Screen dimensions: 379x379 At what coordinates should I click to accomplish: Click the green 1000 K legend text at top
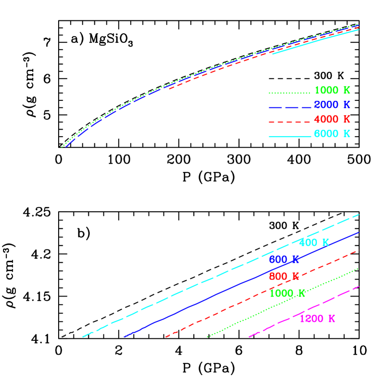tap(332, 90)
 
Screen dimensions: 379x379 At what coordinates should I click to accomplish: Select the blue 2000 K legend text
tap(332, 105)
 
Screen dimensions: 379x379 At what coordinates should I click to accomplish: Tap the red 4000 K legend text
tap(332, 119)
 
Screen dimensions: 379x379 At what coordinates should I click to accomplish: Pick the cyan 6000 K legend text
tap(332, 134)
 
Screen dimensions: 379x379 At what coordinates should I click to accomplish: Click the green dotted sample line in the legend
tap(289, 93)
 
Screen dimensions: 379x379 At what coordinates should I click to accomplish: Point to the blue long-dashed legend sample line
tap(290, 107)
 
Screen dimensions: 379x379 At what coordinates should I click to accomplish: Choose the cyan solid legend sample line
tap(290, 136)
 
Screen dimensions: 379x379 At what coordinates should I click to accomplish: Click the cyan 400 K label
tap(314, 243)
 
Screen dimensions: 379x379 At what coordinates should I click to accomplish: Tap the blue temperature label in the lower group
tap(284, 259)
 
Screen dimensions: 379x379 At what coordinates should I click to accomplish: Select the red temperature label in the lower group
tap(284, 276)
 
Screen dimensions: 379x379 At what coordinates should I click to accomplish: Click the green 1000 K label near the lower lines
tap(287, 293)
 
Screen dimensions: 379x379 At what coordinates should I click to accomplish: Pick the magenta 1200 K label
tap(317, 319)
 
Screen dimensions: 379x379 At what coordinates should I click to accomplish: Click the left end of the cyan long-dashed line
tap(82, 337)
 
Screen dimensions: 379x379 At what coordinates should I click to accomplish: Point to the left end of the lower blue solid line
tap(124, 337)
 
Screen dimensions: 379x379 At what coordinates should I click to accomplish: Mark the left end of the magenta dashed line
tap(249, 337)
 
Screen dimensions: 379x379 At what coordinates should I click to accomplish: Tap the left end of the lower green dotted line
tap(207, 337)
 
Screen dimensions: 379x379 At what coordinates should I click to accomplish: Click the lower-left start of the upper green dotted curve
tap(62, 147)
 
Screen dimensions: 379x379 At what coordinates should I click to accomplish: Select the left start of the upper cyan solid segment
tap(272, 54)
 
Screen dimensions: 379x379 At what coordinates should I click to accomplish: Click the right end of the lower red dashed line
tap(358, 251)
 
